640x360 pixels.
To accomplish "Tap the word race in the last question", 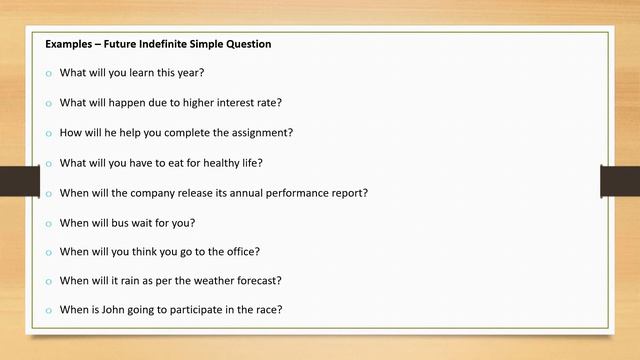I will (268, 310).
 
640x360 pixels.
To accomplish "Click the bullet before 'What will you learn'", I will (47, 74).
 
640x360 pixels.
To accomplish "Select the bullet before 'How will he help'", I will (47, 134).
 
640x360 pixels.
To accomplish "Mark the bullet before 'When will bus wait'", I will (47, 223).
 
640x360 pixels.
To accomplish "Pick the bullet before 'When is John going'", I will (47, 311).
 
